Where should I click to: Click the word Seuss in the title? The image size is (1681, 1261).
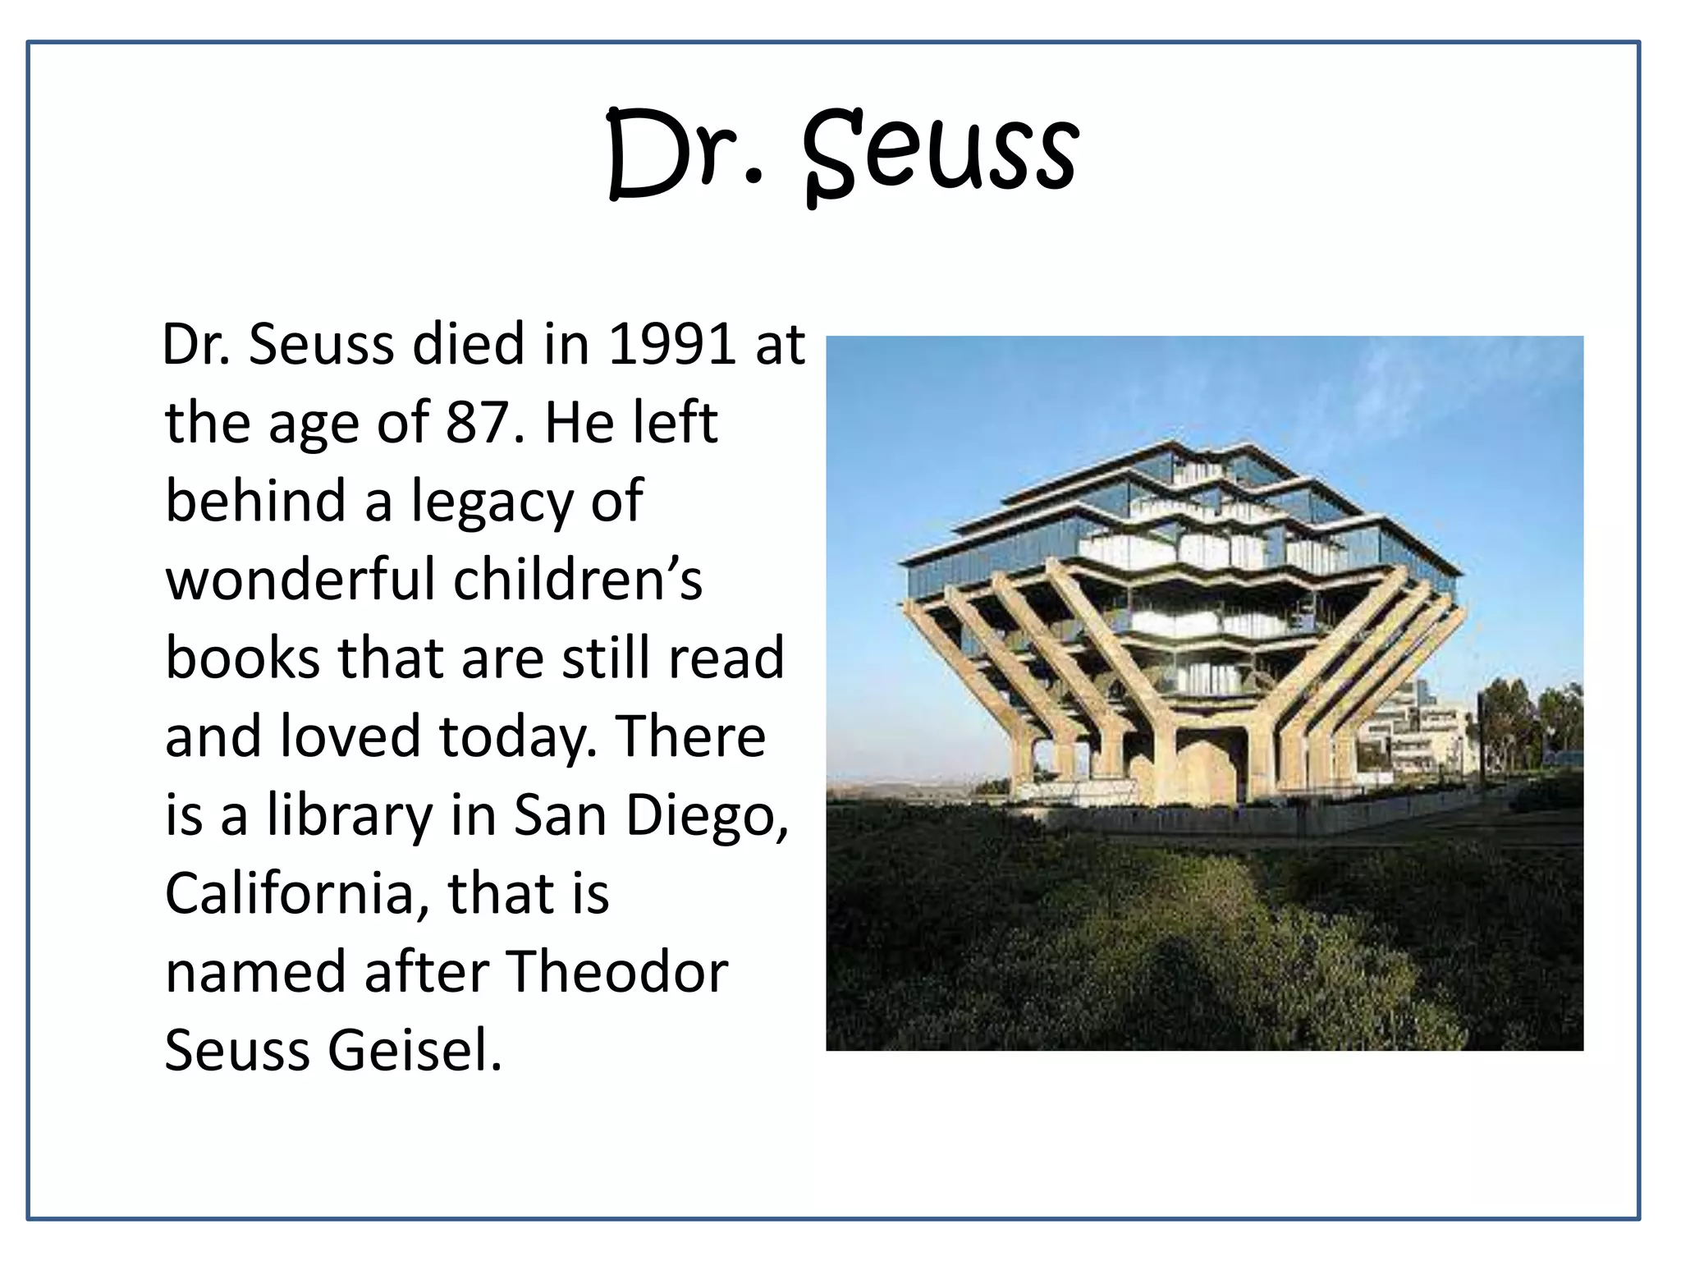tap(941, 156)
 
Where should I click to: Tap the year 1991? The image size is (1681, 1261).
tap(671, 344)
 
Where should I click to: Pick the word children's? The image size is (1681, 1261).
tap(578, 579)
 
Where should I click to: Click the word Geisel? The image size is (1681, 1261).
tap(415, 1050)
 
